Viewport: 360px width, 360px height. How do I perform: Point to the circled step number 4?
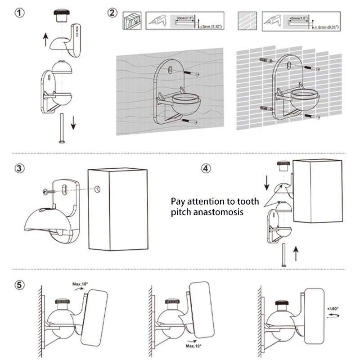coord(205,168)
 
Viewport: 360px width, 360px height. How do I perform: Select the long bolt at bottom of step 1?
coord(60,129)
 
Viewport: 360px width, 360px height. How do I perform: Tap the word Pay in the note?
coord(178,201)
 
